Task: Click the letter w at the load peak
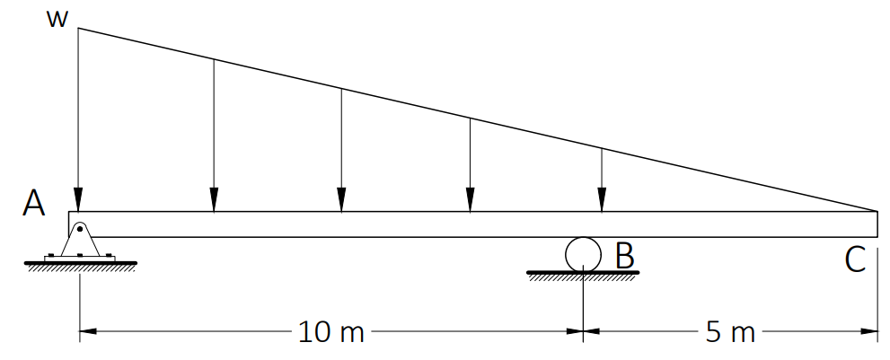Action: point(57,20)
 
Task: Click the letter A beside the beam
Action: point(33,204)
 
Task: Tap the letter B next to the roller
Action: point(624,256)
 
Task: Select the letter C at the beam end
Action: point(855,260)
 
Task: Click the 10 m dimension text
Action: point(330,331)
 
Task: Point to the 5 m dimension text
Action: point(730,331)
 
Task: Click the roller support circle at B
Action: point(583,254)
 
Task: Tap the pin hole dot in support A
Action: point(80,229)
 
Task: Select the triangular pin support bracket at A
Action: point(80,239)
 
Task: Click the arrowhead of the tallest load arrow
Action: point(78,198)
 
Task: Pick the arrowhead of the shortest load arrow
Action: point(602,198)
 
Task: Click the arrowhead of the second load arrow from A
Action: point(214,198)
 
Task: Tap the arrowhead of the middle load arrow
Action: point(341,198)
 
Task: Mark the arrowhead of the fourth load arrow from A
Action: point(470,198)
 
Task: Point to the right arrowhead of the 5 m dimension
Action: point(869,331)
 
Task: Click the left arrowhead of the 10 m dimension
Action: point(88,331)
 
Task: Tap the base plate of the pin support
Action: point(80,259)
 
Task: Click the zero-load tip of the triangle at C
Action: point(877,211)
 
